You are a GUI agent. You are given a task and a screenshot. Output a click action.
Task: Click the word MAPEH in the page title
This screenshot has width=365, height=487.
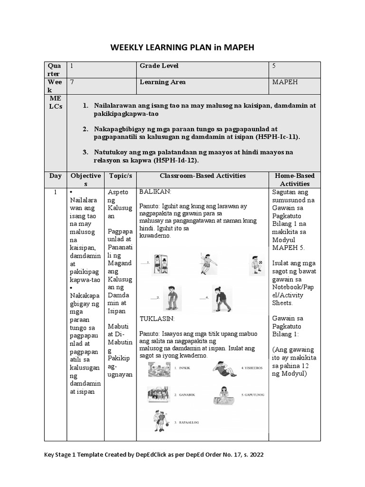[x=238, y=48]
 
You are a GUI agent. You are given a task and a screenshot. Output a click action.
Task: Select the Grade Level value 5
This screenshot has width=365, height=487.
[x=274, y=66]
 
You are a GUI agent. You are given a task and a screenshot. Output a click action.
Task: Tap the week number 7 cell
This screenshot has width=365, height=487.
[x=72, y=82]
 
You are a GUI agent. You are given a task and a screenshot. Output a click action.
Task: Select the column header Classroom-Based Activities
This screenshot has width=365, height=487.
[x=202, y=176]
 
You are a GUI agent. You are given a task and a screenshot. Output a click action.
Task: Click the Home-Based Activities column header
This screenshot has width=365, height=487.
[x=294, y=180]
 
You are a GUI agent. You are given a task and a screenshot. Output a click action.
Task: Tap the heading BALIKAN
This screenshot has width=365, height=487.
[x=155, y=192]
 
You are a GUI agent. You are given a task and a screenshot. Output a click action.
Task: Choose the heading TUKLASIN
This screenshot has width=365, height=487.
[x=157, y=318]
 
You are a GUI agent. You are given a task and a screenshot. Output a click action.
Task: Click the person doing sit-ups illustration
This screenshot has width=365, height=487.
[x=223, y=369]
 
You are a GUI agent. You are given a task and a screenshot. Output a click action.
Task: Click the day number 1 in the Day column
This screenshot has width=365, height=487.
[x=55, y=192]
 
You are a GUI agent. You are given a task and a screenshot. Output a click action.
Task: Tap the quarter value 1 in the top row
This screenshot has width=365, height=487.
[x=72, y=66]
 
